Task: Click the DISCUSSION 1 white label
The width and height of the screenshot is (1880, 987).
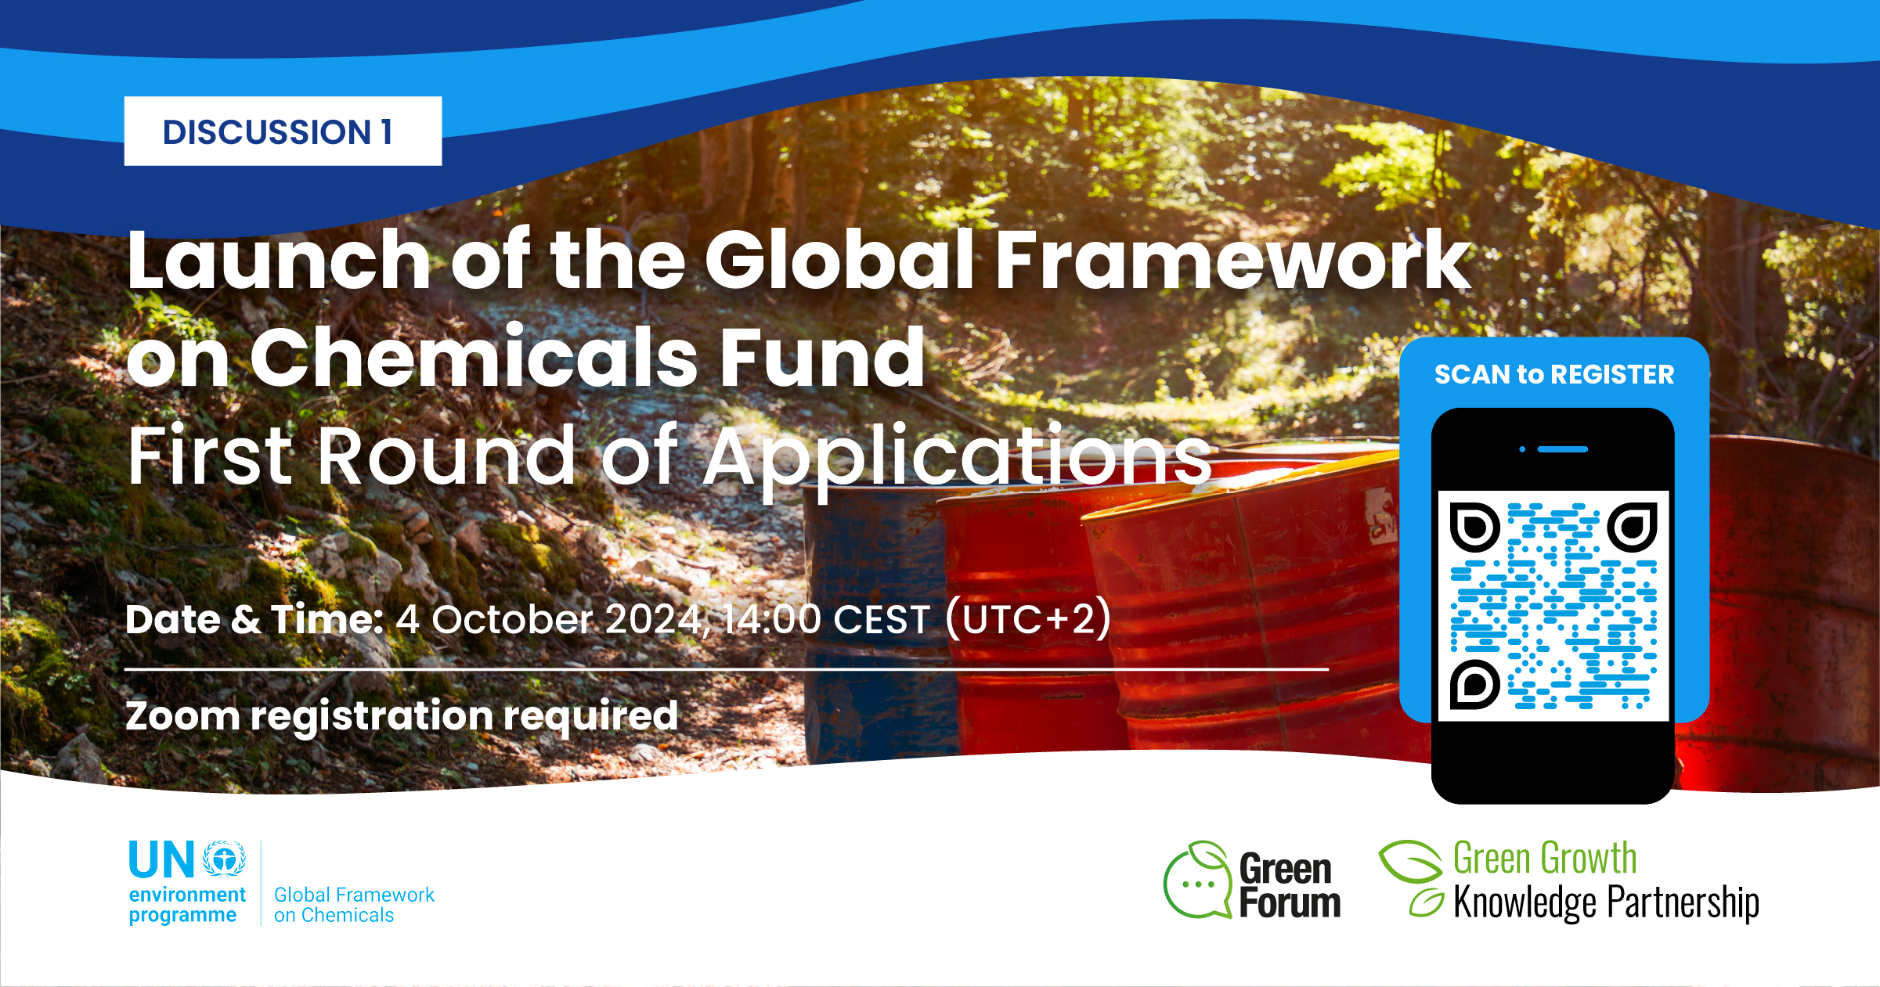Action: click(283, 131)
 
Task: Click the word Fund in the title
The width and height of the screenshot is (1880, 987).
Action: click(823, 358)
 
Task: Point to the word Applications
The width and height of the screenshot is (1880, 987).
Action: click(957, 458)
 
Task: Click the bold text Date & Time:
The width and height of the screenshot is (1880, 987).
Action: click(254, 619)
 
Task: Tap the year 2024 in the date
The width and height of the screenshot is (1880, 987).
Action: click(654, 619)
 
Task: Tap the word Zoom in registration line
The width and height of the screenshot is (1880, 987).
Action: click(182, 715)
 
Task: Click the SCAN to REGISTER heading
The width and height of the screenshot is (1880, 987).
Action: click(1554, 374)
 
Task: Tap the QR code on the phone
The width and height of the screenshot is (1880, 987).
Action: click(1553, 606)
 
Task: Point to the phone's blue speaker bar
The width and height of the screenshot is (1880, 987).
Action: click(1563, 449)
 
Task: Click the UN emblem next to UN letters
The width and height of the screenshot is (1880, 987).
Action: click(225, 859)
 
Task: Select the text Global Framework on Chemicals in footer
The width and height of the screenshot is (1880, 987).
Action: click(354, 905)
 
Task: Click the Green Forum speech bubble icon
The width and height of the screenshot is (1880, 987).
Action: click(1197, 880)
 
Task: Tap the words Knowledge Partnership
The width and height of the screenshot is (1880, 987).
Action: click(1606, 903)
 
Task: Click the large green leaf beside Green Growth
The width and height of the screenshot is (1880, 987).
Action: click(1410, 861)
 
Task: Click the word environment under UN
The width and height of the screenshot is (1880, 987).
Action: click(187, 895)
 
